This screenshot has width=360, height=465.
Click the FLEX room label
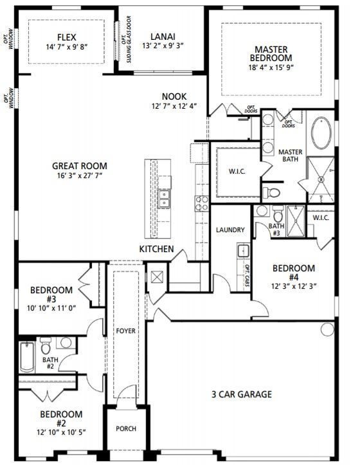point(67,37)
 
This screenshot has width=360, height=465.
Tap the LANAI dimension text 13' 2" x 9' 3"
point(163,46)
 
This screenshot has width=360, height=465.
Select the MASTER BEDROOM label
point(271,53)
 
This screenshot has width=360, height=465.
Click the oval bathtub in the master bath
point(321,133)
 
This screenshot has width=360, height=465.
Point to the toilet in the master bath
point(271,193)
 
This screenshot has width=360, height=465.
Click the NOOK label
point(174,96)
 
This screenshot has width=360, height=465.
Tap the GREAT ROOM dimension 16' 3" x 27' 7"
point(80,176)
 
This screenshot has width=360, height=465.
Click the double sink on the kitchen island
point(164,199)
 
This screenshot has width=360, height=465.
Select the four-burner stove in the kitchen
point(202,203)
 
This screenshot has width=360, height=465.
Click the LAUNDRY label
point(230,230)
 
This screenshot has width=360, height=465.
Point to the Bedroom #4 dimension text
point(294,286)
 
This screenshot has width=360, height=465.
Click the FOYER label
point(126,331)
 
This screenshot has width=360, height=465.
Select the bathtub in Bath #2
point(27,357)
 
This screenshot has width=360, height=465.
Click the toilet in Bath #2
point(46,345)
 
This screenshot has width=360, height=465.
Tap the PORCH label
point(126,428)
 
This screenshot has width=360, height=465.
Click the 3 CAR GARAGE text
point(242,394)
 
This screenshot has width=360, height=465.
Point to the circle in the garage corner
point(327,329)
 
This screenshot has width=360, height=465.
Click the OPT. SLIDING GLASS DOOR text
point(126,39)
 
